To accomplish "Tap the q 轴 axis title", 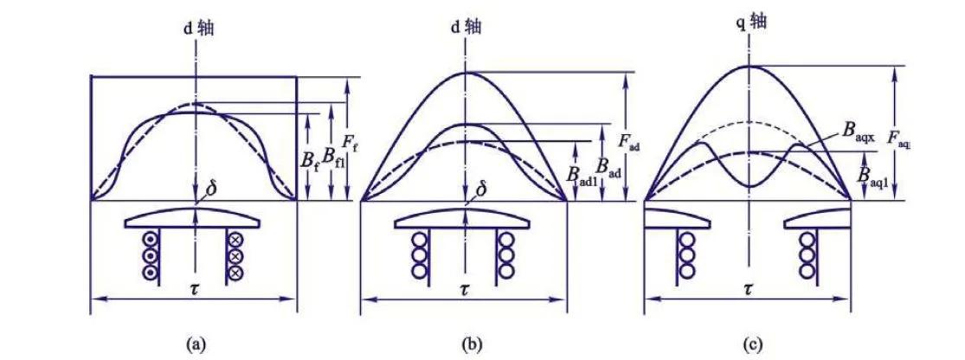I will click(x=749, y=20).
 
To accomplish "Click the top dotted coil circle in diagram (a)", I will click(x=150, y=240).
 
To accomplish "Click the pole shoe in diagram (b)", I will click(x=465, y=222).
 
